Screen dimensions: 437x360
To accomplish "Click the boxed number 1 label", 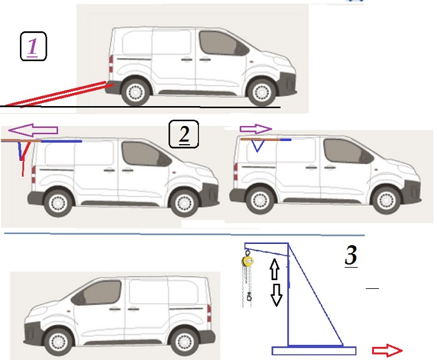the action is pos(33,46).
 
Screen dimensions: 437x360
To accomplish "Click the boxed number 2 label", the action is pos(184,134).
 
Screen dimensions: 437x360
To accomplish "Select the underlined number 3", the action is pos(351,256).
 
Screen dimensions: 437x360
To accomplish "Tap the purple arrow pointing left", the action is pos(33,130).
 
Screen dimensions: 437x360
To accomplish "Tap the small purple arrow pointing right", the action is pos(255,129).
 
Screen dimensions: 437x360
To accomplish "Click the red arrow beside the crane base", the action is pos(387,351).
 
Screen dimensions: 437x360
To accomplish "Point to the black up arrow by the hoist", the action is pos(275,269).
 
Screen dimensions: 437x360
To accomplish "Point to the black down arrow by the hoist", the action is pos(277,295).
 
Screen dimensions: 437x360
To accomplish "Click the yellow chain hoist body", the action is pos(247,261).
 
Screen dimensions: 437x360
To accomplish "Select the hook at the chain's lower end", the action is pos(249,296).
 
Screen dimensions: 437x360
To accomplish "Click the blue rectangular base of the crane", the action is pos(314,351).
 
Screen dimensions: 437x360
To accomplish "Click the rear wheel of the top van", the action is pos(135,92).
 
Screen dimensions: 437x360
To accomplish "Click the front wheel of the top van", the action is pos(262,92).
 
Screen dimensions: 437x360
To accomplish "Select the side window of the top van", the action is pos(223,44).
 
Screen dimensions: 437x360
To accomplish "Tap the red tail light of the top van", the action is pos(111,64).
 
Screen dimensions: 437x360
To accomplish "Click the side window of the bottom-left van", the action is pos(97,293).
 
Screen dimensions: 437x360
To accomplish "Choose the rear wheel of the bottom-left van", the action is pos(184,341).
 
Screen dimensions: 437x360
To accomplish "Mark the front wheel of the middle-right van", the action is pos(386,201).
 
